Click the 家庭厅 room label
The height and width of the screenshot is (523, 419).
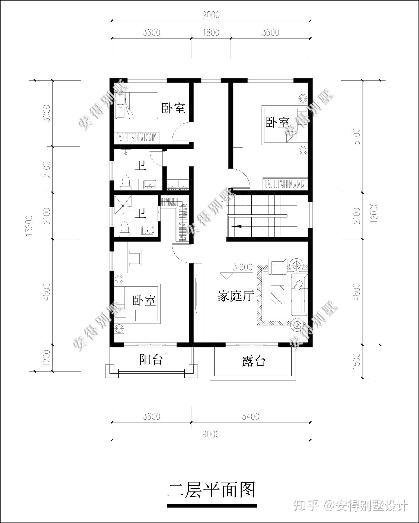pos(236,296)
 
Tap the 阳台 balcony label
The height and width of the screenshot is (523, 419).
pos(151,359)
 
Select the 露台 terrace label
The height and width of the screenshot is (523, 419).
pos(253,361)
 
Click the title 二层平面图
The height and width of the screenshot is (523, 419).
pos(212,490)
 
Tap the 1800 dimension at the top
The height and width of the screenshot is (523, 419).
pos(211,32)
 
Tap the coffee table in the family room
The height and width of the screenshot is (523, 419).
pos(277,294)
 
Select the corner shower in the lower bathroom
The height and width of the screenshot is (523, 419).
pos(123,205)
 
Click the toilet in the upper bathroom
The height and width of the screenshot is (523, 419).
pos(125,182)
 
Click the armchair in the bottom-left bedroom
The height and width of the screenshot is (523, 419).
pos(136,258)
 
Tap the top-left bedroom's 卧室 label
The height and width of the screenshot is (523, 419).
pos(173,108)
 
